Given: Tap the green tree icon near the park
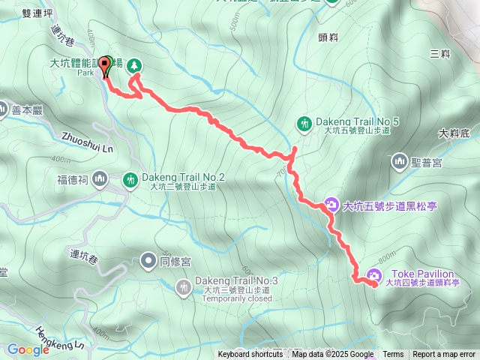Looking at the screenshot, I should (134, 66).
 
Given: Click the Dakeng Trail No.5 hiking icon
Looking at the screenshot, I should (304, 121).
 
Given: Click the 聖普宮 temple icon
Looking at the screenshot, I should (397, 160).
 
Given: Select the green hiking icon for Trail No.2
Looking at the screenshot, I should (130, 179).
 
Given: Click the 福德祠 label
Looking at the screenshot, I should (73, 179).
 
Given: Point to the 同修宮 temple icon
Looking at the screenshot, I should (146, 261).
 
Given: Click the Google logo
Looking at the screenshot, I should (28, 349).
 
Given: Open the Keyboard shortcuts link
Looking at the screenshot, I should (250, 355).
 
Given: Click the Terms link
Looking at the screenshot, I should (393, 355).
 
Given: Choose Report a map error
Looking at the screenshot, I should (444, 355).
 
